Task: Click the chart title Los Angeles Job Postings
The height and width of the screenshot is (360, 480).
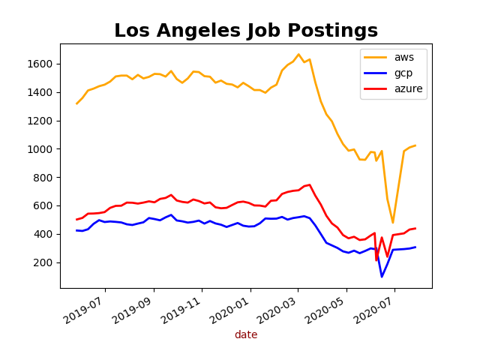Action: tap(246, 31)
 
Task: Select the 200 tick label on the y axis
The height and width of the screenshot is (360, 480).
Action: tap(47, 262)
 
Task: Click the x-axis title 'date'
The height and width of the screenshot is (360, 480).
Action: tap(246, 335)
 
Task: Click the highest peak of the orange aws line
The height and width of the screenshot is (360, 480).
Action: tap(298, 54)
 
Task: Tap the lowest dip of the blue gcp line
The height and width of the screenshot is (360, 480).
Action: tap(382, 277)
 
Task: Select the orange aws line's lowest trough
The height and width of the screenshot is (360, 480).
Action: tap(392, 222)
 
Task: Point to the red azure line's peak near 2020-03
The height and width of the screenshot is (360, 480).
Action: tap(310, 184)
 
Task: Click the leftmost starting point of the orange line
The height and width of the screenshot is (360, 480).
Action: tap(76, 103)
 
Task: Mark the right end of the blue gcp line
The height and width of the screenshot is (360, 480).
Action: tap(415, 247)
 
